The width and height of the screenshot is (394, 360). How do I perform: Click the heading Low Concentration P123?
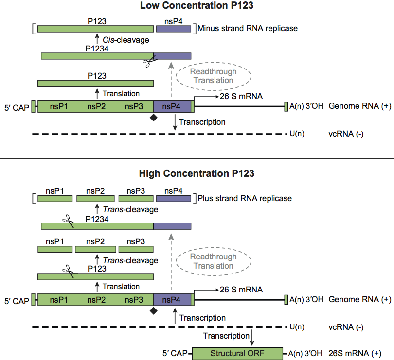tap(197, 6)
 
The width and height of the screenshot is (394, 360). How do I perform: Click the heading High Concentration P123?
tap(197, 173)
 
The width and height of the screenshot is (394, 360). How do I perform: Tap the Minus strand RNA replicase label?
tap(248, 29)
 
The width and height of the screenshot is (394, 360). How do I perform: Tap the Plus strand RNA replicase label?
tap(245, 198)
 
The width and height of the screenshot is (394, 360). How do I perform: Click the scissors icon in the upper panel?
tap(147, 62)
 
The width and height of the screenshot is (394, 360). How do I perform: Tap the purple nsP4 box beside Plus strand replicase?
tap(174, 198)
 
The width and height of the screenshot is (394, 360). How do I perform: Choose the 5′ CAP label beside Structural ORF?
tap(176, 354)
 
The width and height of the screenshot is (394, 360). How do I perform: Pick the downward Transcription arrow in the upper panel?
tap(175, 122)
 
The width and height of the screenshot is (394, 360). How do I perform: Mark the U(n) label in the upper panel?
tap(297, 134)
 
